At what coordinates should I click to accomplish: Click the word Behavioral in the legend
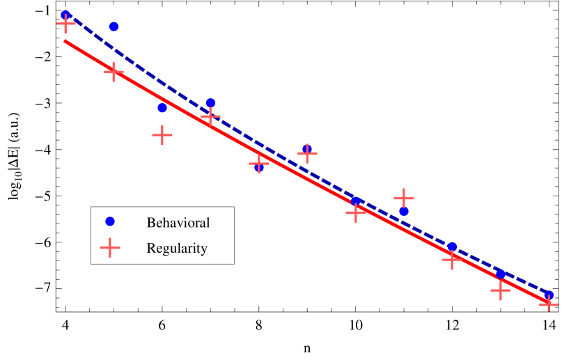[x=178, y=223]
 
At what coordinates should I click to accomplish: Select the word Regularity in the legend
[x=177, y=248]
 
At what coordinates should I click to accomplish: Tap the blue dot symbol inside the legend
[x=109, y=221]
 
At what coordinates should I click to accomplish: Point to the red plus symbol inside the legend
[x=109, y=247]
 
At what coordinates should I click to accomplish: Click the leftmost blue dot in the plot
[x=65, y=15]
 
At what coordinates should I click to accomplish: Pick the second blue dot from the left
[x=114, y=26]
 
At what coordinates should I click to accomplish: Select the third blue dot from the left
[x=162, y=107]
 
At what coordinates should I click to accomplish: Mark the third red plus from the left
[x=162, y=134]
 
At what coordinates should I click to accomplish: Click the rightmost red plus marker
[x=549, y=303]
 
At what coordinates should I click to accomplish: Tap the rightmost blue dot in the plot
[x=549, y=295]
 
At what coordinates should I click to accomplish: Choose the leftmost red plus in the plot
[x=65, y=24]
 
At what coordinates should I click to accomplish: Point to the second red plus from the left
[x=114, y=71]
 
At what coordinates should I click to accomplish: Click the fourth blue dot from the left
[x=210, y=103]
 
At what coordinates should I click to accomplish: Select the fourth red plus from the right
[x=404, y=198]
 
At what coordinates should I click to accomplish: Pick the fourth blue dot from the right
[x=404, y=211]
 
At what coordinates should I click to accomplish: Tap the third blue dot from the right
[x=452, y=246]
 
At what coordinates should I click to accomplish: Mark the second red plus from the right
[x=500, y=290]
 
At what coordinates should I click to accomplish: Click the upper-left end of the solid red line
[x=65, y=41]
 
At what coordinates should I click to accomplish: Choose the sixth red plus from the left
[x=307, y=152]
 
